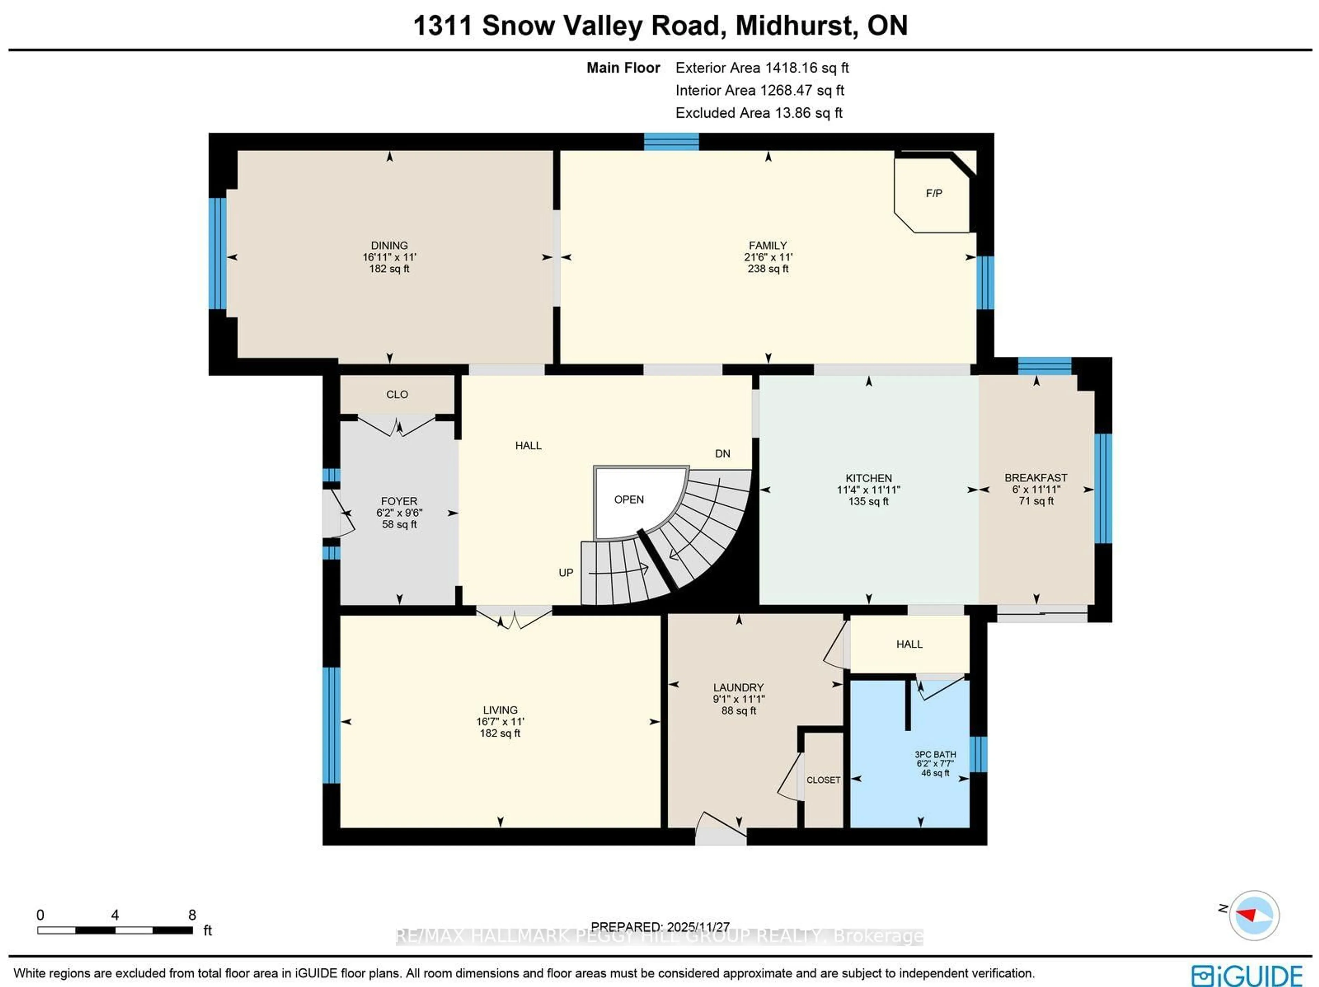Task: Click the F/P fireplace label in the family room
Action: point(934,193)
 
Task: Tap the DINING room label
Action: point(390,245)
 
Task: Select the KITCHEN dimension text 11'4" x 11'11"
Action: point(868,490)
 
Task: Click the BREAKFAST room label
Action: point(1036,478)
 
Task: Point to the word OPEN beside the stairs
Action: point(629,500)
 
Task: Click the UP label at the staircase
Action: point(566,573)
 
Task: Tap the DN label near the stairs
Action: point(723,454)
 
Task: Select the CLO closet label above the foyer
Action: point(397,394)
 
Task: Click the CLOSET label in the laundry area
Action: point(823,780)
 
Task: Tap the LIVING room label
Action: point(500,710)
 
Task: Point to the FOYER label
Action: point(399,501)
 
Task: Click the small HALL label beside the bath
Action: point(909,644)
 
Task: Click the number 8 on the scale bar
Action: point(192,915)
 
